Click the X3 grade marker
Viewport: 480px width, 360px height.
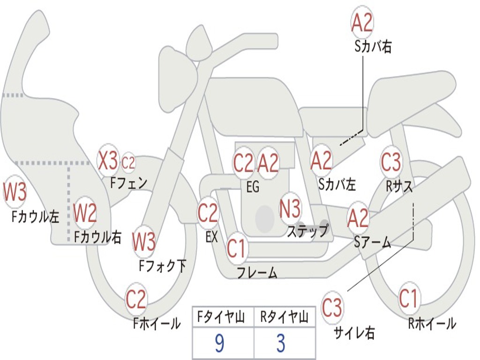pos(108,161)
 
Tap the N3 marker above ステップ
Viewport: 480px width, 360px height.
pos(290,209)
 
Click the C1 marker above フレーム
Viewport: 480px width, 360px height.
pos(236,248)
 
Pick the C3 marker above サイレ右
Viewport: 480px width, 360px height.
pos(332,308)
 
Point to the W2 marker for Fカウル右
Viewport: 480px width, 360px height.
pos(85,214)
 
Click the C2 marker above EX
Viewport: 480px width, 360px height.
pos(208,213)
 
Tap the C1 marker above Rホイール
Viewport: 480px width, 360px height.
pos(408,299)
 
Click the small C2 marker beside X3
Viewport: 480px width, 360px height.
pos(128,163)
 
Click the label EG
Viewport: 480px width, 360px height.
pos(253,187)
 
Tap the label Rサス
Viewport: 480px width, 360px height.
pos(399,186)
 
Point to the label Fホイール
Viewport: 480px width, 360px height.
pos(157,323)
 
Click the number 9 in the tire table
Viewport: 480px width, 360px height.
pos(219,344)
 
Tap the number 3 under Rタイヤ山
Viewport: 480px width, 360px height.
pos(281,344)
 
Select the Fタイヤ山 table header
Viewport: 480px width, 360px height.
pos(223,318)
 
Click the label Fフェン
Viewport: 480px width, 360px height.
pos(129,182)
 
